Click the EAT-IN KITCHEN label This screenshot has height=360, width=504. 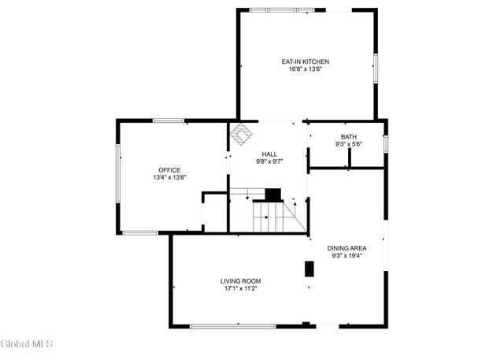click(x=306, y=61)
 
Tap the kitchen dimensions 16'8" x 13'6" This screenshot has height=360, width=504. click(x=306, y=69)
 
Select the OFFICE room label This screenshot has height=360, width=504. click(x=169, y=170)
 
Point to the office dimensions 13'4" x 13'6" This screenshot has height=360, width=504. click(x=169, y=178)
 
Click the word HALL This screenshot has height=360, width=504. click(x=269, y=154)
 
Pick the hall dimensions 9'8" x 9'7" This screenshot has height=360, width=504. click(x=269, y=161)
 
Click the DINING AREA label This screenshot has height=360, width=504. click(x=347, y=247)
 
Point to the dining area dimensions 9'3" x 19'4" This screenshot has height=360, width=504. click(x=347, y=255)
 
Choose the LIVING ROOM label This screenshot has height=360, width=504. click(x=240, y=281)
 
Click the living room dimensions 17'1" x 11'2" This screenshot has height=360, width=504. click(x=240, y=289)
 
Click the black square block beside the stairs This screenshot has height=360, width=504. click(x=272, y=195)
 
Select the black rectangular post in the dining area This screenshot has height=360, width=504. click(x=309, y=269)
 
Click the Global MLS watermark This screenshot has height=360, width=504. click(x=27, y=344)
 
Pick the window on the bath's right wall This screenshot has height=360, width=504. click(x=385, y=144)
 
